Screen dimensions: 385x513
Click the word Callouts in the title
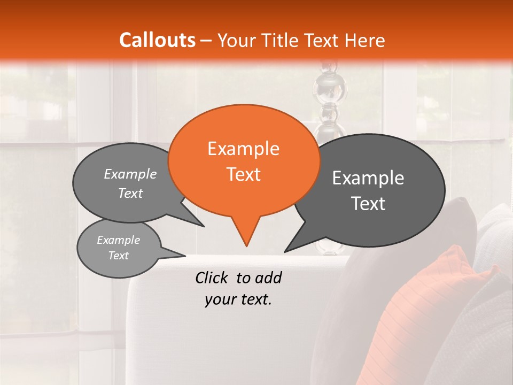point(157,40)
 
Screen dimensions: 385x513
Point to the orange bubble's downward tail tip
point(246,246)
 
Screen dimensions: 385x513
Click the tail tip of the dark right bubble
point(285,251)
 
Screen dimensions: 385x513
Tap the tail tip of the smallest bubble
point(185,256)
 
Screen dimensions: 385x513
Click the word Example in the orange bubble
point(243,149)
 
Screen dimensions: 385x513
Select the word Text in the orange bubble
point(244,174)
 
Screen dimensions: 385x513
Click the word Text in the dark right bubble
point(369,204)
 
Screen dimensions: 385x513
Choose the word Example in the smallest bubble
point(118,240)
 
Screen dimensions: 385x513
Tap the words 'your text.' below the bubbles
point(238,299)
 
